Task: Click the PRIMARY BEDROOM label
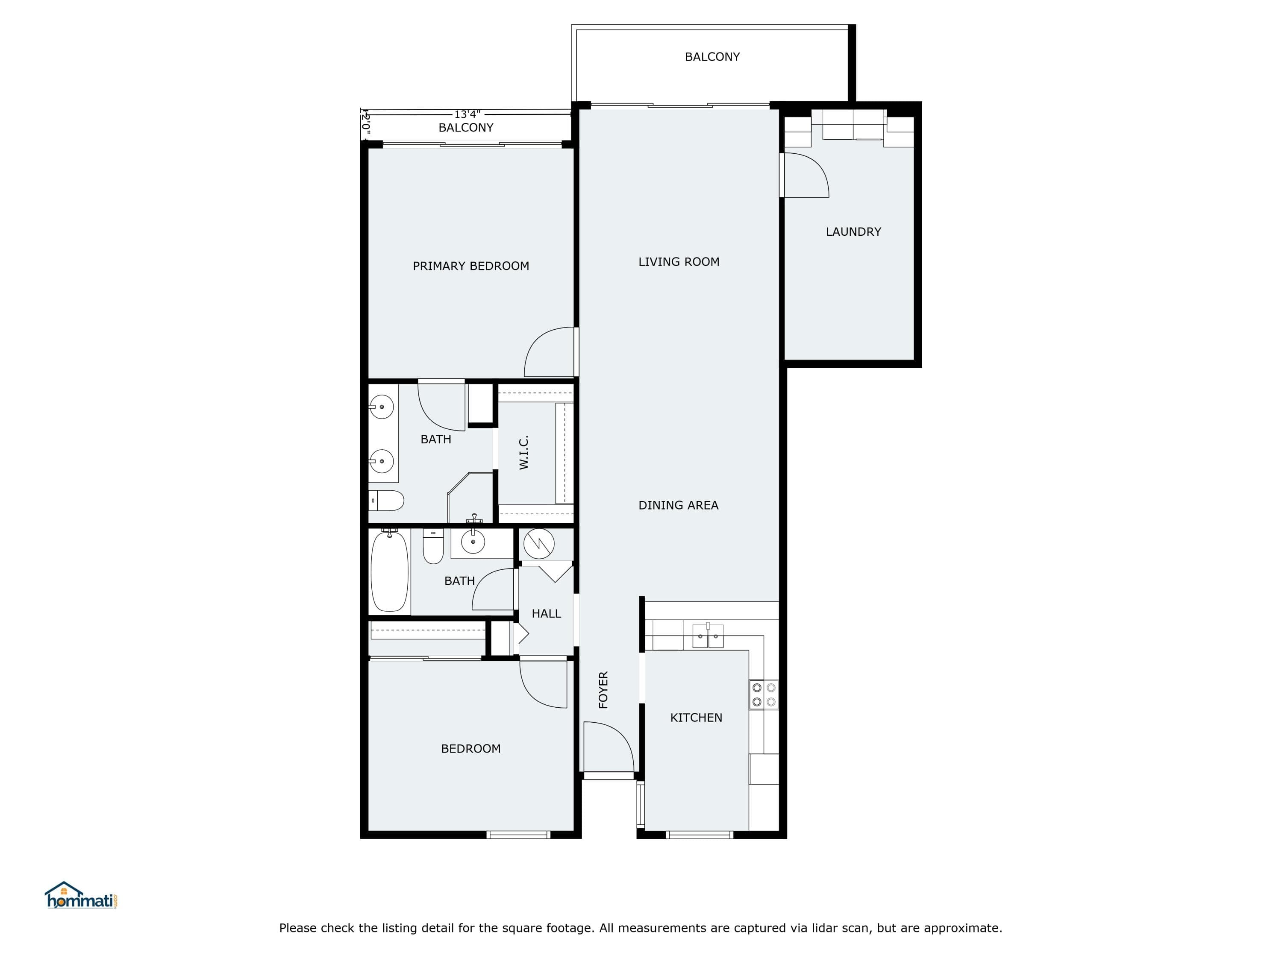pos(470,266)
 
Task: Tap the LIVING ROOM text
pos(679,262)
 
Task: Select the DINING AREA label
pos(678,505)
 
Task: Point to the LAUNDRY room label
pos(853,231)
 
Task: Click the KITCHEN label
pos(696,718)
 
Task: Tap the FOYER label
pos(603,690)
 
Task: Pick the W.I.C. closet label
pos(524,452)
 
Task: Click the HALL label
pos(547,613)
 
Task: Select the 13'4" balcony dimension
pos(467,115)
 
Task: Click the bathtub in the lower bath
pos(389,571)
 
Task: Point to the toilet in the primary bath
pos(386,501)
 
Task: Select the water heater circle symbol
pos(539,543)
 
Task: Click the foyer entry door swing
pos(609,747)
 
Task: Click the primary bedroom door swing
pos(549,352)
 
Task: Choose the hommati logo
pos(82,896)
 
